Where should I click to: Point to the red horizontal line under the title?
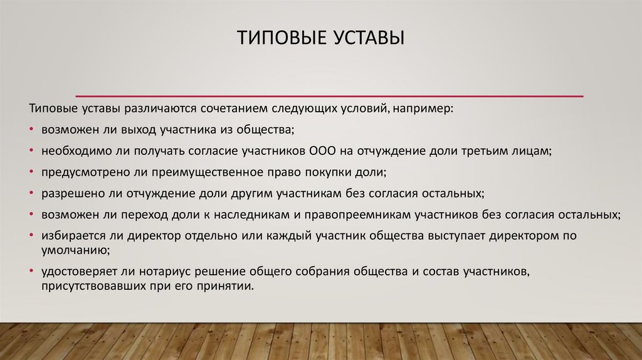329,96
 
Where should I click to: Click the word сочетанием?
226,109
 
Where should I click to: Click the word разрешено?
68,193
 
